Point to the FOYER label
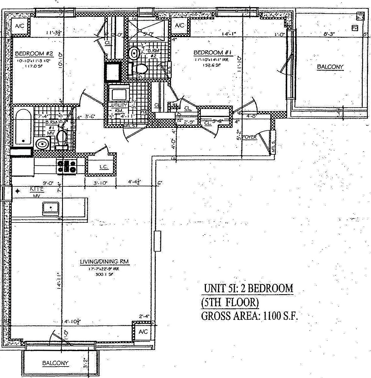coord(249,137)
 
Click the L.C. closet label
coord(104,167)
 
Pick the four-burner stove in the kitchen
coord(67,167)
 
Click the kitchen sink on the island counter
coord(51,208)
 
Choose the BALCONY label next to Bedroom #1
coord(330,67)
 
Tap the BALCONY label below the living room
coord(55,363)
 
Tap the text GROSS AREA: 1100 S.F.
coord(250,316)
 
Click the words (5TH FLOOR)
coord(230,302)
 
